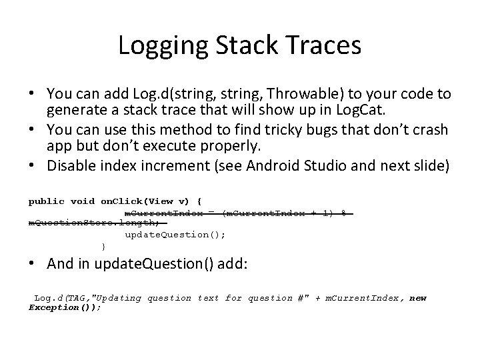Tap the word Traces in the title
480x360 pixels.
click(x=326, y=46)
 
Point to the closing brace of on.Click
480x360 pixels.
click(x=103, y=246)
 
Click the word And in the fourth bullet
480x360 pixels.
click(x=61, y=263)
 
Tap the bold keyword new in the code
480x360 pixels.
click(x=418, y=298)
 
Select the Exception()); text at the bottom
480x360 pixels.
click(x=65, y=307)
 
